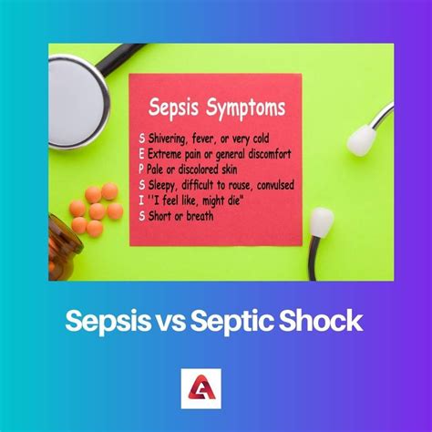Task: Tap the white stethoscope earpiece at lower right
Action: tap(321, 221)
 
